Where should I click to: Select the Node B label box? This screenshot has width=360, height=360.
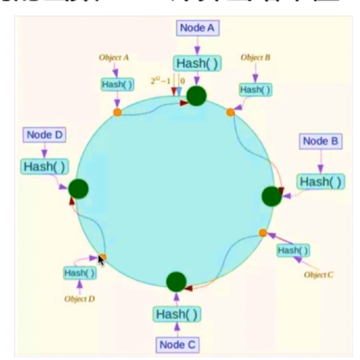point(320,142)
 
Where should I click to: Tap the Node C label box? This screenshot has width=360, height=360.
point(178,345)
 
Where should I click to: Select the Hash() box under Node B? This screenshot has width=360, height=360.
point(320,181)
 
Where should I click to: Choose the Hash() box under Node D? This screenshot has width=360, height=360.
point(45,166)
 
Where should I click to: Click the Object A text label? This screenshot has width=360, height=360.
point(114,57)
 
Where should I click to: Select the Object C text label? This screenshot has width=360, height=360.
point(318,275)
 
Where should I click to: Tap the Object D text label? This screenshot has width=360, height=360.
point(80,298)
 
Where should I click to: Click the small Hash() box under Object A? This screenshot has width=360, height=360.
point(117,84)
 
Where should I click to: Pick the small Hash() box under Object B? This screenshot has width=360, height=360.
point(255,89)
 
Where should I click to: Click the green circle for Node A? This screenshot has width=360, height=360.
point(196,95)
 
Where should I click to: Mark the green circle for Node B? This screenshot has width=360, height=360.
point(272,196)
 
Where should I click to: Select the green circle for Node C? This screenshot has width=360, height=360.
point(176,281)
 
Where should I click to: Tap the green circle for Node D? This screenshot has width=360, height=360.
point(78,188)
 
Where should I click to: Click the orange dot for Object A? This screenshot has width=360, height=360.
point(117,112)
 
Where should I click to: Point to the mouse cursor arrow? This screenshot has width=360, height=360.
point(101,259)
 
